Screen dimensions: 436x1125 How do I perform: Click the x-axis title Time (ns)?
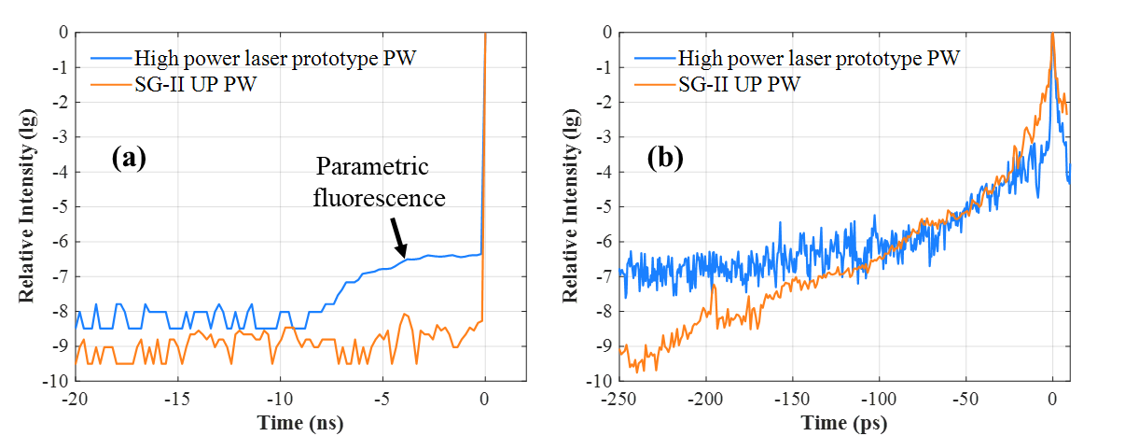tap(301, 422)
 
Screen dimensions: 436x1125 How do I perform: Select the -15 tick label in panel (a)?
tap(175, 400)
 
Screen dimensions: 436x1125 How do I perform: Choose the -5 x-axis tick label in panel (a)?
tap(381, 400)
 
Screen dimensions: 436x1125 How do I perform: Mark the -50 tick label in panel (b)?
tap(965, 400)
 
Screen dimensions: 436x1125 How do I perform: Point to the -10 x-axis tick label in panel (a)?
tap(278, 400)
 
